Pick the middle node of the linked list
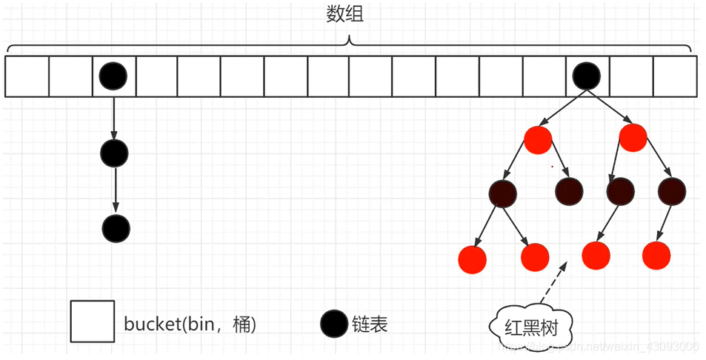(x=114, y=153)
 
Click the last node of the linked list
(x=114, y=227)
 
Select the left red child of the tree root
(x=538, y=139)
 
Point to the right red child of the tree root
(x=633, y=139)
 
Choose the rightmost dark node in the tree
(x=671, y=193)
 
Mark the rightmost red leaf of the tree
(x=656, y=255)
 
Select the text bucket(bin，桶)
(x=190, y=324)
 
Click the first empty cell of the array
(x=27, y=76)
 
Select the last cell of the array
(x=675, y=76)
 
